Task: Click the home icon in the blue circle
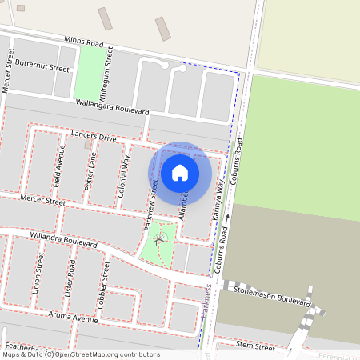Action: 180,172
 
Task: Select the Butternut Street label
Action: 42,66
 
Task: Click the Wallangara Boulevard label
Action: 113,106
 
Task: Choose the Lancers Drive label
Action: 94,136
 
